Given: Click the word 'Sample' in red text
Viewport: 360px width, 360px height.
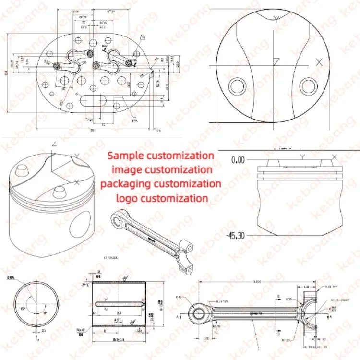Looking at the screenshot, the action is click(126, 156).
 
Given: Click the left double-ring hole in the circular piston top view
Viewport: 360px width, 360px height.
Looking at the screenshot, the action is click(237, 87).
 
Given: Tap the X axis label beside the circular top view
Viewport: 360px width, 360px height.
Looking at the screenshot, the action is click(319, 61).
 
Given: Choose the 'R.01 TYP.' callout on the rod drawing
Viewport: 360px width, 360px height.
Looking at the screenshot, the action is click(332, 287).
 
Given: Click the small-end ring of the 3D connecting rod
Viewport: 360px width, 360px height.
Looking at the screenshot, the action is click(116, 219).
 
